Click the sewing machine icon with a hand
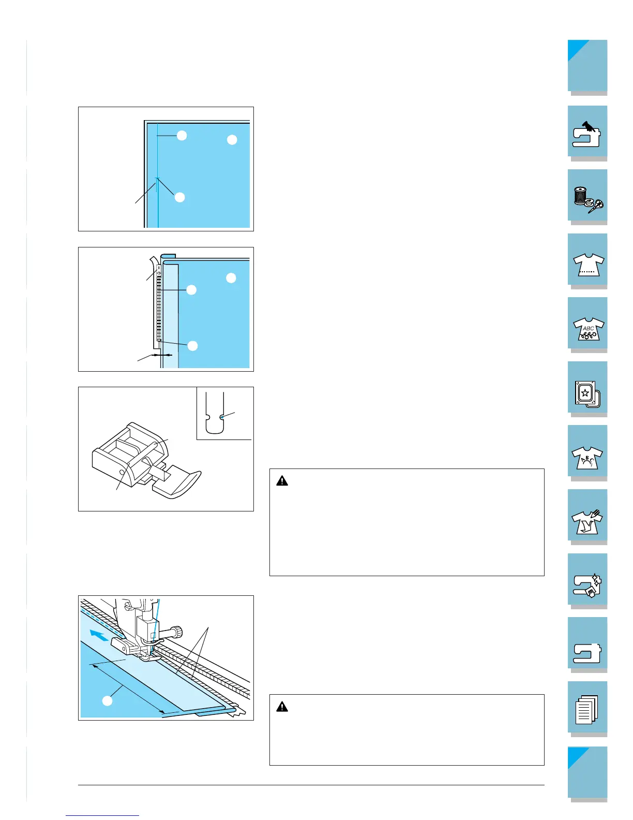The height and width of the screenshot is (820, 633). click(586, 134)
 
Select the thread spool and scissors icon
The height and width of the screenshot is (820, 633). click(588, 200)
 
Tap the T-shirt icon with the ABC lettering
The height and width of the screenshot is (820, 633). click(588, 328)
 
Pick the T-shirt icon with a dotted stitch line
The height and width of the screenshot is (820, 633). click(588, 265)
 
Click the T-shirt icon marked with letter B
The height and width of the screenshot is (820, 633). click(587, 458)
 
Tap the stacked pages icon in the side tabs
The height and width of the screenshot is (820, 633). click(586, 710)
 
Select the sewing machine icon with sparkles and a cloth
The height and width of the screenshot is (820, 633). click(587, 585)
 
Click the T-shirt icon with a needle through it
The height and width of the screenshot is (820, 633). click(587, 522)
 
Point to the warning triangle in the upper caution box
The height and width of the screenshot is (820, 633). click(282, 481)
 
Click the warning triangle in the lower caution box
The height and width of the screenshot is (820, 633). click(282, 707)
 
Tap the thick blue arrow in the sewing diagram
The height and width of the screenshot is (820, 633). click(99, 635)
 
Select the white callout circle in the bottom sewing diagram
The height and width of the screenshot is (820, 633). click(108, 701)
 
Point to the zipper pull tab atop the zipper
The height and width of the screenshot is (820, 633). click(159, 269)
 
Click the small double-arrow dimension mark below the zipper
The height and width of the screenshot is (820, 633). click(161, 355)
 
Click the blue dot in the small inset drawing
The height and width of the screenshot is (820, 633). click(222, 417)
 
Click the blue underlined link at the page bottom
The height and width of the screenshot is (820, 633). click(102, 816)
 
